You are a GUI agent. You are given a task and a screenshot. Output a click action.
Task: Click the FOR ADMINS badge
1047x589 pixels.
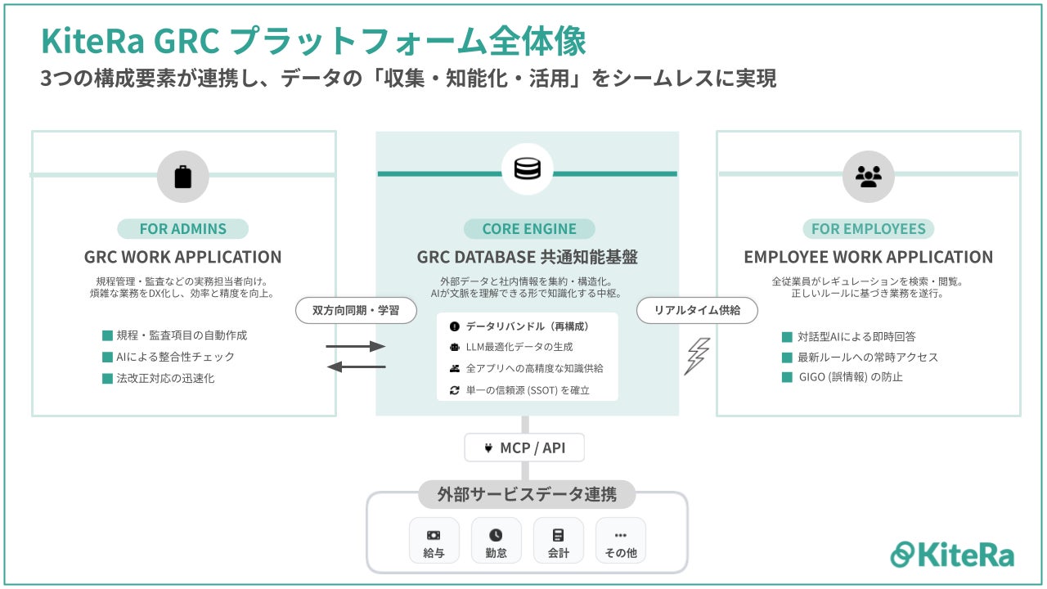click(182, 229)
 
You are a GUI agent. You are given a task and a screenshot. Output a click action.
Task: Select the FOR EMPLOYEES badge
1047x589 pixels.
click(868, 229)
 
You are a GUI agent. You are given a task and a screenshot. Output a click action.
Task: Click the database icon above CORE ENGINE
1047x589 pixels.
click(527, 169)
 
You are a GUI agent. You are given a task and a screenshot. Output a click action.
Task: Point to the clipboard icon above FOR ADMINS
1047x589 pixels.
click(183, 177)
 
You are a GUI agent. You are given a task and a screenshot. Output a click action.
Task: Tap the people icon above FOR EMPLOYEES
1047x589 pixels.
click(868, 177)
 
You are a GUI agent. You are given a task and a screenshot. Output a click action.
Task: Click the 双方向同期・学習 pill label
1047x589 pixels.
click(356, 311)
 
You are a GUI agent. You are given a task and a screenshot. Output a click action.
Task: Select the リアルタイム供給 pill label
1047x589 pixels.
click(697, 311)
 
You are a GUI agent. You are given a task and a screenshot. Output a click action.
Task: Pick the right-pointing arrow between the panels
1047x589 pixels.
click(356, 347)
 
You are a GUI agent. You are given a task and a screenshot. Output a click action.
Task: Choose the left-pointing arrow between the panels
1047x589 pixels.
click(356, 367)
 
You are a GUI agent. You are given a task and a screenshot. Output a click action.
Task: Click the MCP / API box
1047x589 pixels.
click(525, 447)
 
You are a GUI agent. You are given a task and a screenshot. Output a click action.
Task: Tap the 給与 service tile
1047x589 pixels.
click(434, 541)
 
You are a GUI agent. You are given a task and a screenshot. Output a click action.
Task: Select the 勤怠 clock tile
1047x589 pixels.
click(496, 541)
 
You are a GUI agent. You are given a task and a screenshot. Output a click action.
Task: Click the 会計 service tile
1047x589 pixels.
click(558, 541)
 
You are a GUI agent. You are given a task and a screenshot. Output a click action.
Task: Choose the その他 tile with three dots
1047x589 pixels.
click(620, 541)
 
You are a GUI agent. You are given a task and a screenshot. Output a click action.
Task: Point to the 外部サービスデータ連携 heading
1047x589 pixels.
click(527, 494)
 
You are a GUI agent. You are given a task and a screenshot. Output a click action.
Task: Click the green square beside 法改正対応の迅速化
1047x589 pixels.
click(107, 378)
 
